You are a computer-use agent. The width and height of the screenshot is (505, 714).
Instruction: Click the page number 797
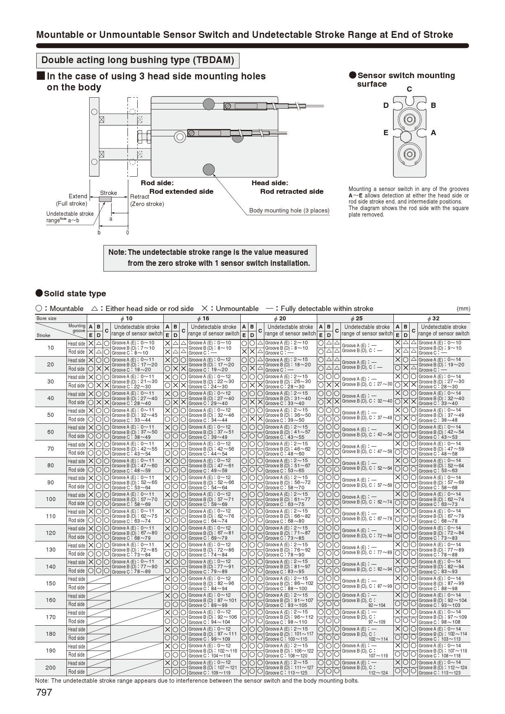(x=44, y=692)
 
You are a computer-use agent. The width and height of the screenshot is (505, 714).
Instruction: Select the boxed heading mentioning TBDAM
(x=138, y=60)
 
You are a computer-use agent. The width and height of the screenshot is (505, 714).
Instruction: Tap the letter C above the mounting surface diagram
(x=409, y=89)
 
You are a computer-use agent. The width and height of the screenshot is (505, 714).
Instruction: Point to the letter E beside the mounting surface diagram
(x=386, y=133)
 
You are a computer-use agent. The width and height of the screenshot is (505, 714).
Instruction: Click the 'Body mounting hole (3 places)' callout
(x=289, y=210)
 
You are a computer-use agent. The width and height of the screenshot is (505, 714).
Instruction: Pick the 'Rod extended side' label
(x=181, y=191)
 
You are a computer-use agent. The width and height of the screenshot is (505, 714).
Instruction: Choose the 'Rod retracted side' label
(x=292, y=191)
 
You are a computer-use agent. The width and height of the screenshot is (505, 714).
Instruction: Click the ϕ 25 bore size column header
(x=356, y=318)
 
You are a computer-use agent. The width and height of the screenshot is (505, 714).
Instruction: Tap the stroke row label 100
(x=50, y=499)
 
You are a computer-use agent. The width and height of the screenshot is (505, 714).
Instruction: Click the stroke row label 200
(x=50, y=668)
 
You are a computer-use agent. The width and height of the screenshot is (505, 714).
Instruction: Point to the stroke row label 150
(x=50, y=583)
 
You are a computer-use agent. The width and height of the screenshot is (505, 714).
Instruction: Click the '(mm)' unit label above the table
(x=463, y=309)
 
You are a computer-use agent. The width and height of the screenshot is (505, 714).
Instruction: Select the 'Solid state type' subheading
(x=75, y=293)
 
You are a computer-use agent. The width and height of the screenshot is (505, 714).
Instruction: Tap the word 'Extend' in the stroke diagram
(x=78, y=196)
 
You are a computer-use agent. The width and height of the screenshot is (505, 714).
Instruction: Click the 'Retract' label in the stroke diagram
(x=140, y=197)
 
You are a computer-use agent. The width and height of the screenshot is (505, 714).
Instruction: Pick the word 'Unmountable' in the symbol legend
(x=237, y=309)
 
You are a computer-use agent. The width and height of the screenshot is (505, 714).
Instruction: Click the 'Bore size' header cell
(x=46, y=318)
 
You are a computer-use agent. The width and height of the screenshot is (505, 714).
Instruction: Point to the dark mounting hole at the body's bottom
(x=209, y=169)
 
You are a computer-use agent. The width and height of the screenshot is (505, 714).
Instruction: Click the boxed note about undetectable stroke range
(x=210, y=258)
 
